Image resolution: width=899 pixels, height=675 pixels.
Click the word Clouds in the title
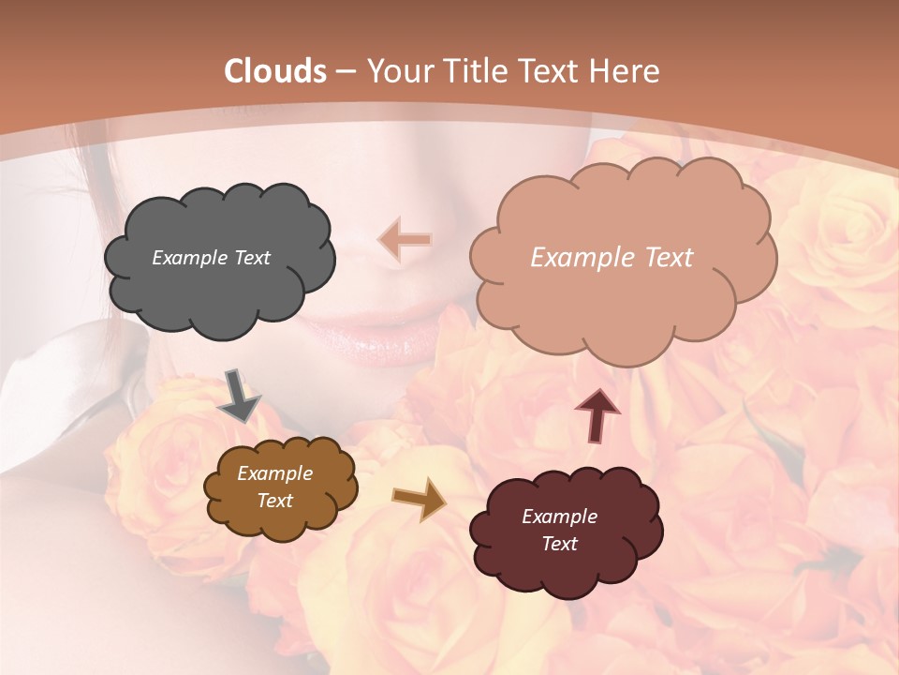pyautogui.click(x=274, y=71)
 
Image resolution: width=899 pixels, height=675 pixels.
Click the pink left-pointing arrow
pyautogui.click(x=405, y=240)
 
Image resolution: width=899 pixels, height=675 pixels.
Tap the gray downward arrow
pyautogui.click(x=240, y=396)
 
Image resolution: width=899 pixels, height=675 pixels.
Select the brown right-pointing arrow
pyautogui.click(x=420, y=499)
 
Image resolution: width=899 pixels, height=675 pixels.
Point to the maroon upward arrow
pyautogui.click(x=597, y=414)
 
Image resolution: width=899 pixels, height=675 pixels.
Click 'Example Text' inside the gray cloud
pyautogui.click(x=211, y=258)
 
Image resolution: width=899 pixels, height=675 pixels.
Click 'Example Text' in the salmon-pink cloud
pyautogui.click(x=612, y=258)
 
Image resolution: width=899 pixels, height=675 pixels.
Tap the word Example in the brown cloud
pyautogui.click(x=274, y=474)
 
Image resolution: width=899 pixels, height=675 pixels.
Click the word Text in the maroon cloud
pyautogui.click(x=559, y=544)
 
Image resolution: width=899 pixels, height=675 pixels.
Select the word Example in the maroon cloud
pyautogui.click(x=559, y=517)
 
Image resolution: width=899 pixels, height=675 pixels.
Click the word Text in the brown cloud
pyautogui.click(x=274, y=501)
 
